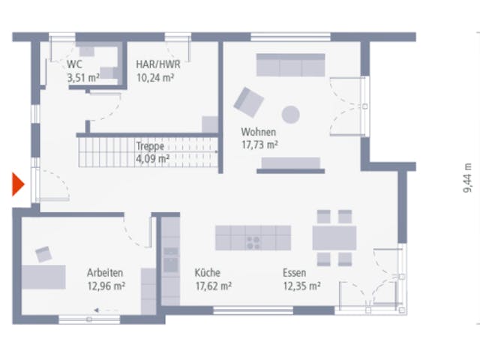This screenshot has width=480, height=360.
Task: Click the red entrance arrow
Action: click(x=18, y=184)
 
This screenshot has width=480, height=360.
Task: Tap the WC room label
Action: click(x=74, y=64)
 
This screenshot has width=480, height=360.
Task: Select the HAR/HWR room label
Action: click(x=158, y=64)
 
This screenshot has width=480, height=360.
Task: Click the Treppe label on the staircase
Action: click(x=150, y=146)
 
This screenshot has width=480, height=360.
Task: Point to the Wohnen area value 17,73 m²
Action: click(x=259, y=145)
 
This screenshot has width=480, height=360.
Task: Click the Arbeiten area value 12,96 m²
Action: click(x=106, y=286)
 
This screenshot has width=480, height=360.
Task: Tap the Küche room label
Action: click(x=208, y=272)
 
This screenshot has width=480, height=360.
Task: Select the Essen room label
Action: click(x=294, y=272)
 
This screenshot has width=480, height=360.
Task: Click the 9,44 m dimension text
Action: click(x=467, y=178)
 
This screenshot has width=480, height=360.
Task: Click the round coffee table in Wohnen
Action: click(x=290, y=115)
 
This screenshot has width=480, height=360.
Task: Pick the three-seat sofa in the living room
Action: click(x=290, y=65)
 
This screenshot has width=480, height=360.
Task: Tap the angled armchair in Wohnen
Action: click(x=248, y=102)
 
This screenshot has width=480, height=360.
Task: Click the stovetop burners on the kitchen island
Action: click(x=253, y=242)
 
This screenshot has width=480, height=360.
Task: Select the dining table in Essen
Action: click(x=334, y=238)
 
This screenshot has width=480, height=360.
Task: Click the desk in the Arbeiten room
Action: click(x=43, y=277)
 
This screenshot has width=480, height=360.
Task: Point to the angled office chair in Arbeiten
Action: click(x=43, y=254)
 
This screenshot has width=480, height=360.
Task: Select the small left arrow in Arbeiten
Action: click(x=97, y=310)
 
